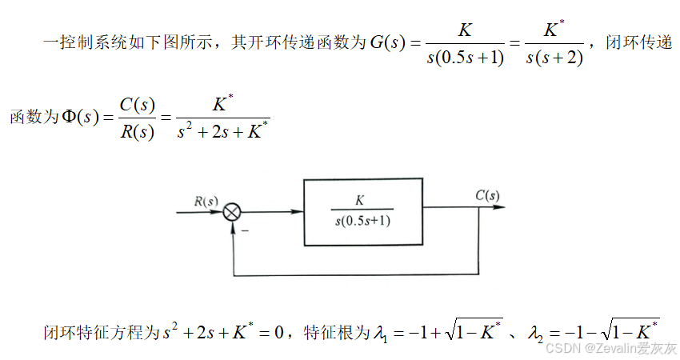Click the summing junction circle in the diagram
(x=232, y=212)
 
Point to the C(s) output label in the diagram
(x=487, y=195)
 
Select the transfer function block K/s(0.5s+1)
(x=362, y=211)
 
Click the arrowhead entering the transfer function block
(x=298, y=212)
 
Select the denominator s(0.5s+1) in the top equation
(x=466, y=58)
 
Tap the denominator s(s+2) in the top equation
(x=555, y=58)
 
